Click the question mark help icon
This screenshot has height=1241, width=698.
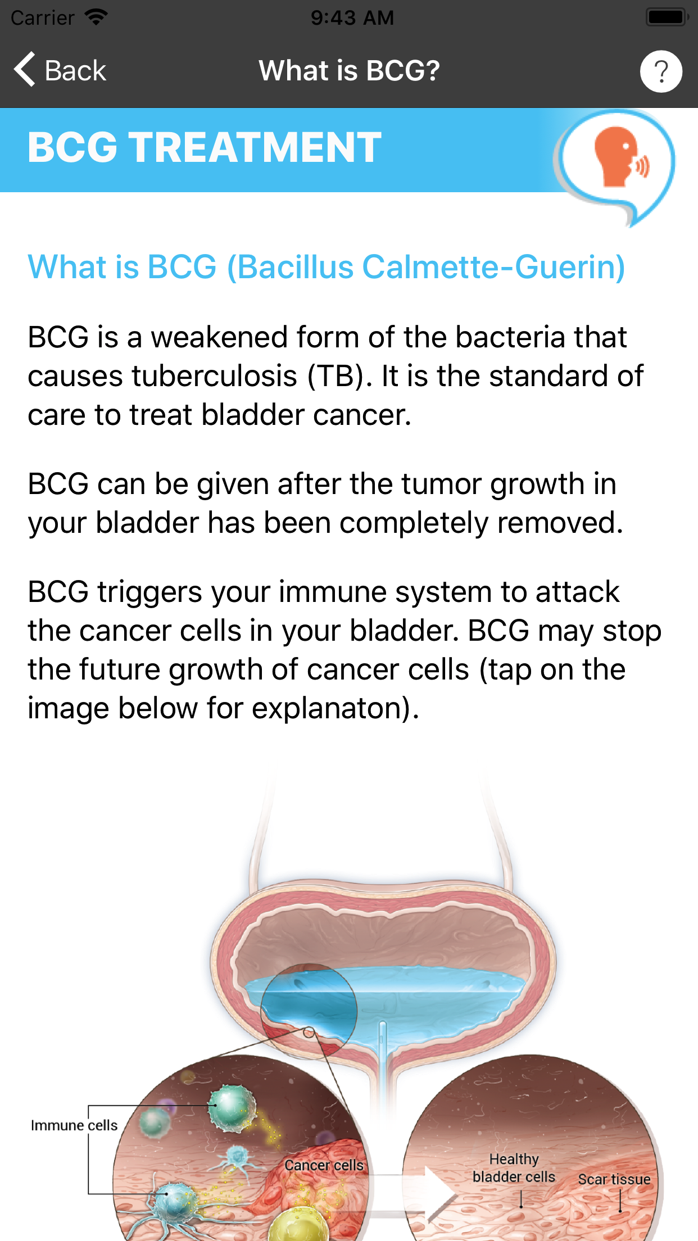661,71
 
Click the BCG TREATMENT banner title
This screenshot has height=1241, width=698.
205,147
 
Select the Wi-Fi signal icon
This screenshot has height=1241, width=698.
96,17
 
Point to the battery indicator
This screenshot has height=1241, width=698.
667,17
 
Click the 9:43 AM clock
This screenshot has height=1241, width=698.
352,17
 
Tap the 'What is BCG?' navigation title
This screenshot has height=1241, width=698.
349,71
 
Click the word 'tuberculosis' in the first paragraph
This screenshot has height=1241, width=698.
214,376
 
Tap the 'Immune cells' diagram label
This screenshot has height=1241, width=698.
74,1125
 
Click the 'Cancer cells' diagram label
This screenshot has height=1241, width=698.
324,1165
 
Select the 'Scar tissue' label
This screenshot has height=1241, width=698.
614,1179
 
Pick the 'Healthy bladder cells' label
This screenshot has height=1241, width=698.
514,1168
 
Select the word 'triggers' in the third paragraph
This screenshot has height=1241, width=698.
149,592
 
